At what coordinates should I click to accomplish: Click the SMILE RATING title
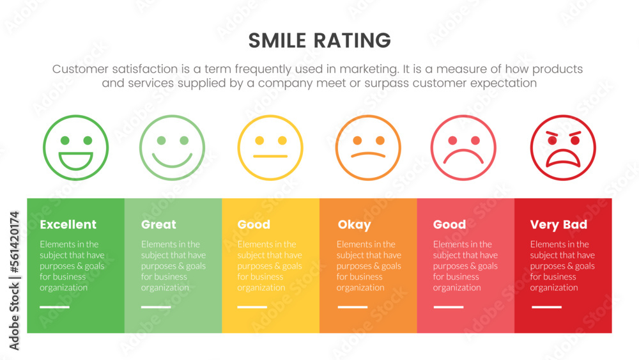click(319, 40)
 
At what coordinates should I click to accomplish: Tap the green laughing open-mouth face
click(75, 148)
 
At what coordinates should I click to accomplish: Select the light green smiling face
click(173, 148)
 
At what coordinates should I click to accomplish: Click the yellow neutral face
click(270, 148)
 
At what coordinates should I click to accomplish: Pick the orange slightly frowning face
click(369, 148)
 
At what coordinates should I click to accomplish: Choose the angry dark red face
click(563, 148)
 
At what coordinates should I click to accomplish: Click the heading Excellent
click(68, 224)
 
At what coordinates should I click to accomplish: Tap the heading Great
click(158, 224)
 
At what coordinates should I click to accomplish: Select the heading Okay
click(354, 224)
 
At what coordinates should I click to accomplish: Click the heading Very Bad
click(558, 224)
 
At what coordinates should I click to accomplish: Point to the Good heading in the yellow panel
click(254, 224)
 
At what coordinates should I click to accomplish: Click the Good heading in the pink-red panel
click(449, 224)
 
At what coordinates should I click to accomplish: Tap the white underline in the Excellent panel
click(54, 307)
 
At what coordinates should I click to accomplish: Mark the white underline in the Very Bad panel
click(546, 307)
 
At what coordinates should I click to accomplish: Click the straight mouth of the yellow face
click(270, 156)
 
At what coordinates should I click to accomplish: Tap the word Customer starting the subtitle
click(80, 69)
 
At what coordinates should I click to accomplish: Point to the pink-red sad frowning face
click(464, 148)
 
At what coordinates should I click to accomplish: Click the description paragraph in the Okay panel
click(369, 265)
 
